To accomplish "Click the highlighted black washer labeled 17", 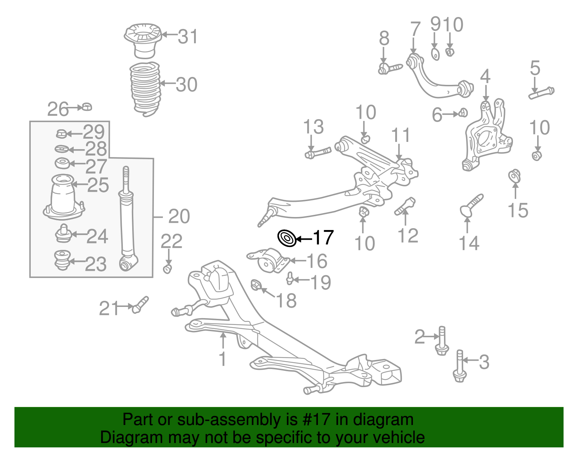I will (287, 238).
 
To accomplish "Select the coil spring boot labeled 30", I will (145, 88).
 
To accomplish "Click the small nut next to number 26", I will (87, 107).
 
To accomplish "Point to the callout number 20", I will (179, 217).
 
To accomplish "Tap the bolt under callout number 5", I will (541, 93).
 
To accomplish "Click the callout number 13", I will (313, 127).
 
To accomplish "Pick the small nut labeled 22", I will (167, 269).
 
